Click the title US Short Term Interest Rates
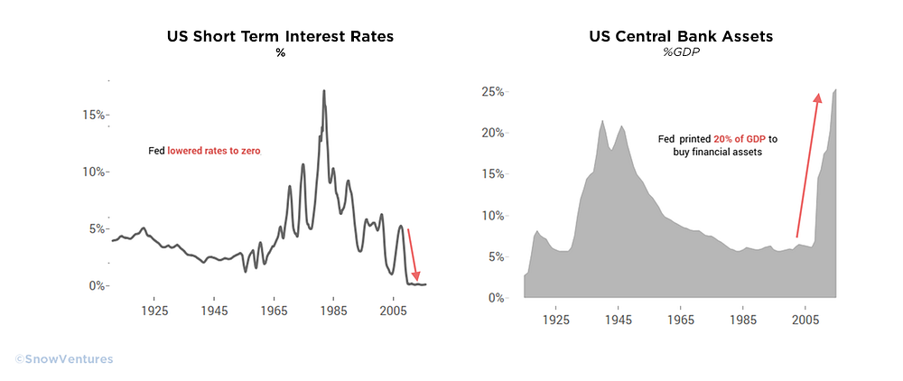click(x=281, y=37)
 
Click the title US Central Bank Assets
click(x=680, y=37)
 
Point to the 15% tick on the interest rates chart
click(x=95, y=115)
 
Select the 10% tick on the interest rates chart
click(x=95, y=172)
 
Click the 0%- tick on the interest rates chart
click(x=98, y=286)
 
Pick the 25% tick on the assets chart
click(x=494, y=92)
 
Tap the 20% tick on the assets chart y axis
click(x=494, y=133)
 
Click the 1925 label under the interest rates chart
click(x=154, y=311)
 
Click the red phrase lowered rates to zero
click(x=214, y=152)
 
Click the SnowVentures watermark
click(x=64, y=359)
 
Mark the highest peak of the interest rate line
click(x=324, y=90)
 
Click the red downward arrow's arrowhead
click(x=417, y=275)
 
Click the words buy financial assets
click(x=718, y=153)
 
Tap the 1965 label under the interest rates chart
click(x=275, y=311)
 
